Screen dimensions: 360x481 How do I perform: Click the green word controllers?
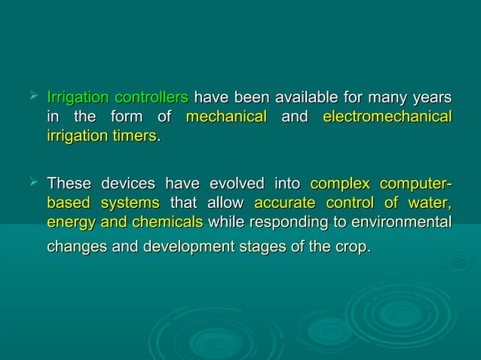tap(151, 98)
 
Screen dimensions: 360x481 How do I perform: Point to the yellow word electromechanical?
tap(387, 117)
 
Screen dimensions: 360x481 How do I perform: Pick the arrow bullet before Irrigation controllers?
tap(32, 96)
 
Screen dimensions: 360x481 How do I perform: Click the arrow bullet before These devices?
tap(32, 183)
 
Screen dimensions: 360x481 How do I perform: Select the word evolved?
tap(236, 185)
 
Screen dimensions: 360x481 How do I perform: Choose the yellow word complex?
tap(340, 185)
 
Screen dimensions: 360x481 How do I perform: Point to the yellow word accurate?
tap(282, 203)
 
